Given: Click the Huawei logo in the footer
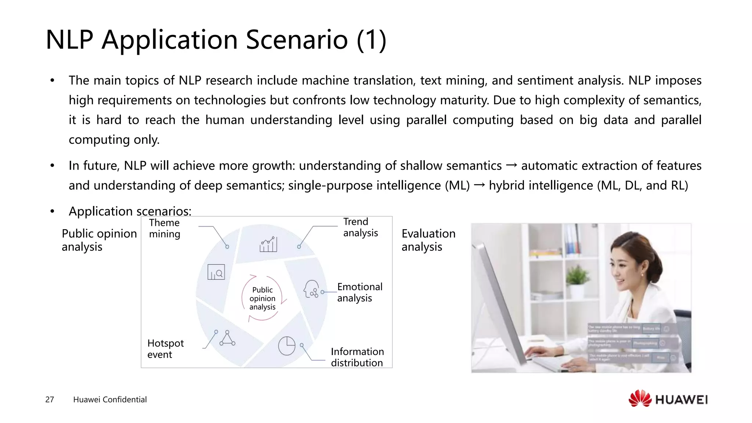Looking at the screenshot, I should click(x=668, y=399).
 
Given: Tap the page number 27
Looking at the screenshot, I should click(x=50, y=399).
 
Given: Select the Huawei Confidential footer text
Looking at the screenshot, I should click(x=110, y=399).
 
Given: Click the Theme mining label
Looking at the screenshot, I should click(x=164, y=228).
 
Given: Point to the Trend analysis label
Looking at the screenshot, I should click(x=360, y=227).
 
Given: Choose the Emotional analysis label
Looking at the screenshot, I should click(x=359, y=292).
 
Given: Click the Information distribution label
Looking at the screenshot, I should click(x=357, y=357).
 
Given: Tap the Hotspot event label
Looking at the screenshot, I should click(x=165, y=349).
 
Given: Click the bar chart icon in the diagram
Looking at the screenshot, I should click(x=268, y=245).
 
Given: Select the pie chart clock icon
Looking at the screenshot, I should click(x=286, y=346).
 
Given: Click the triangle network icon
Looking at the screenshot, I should click(x=227, y=338).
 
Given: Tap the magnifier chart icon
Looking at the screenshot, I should click(x=216, y=272).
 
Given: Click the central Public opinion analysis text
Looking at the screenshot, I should click(x=262, y=298).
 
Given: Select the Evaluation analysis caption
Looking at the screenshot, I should click(x=428, y=240).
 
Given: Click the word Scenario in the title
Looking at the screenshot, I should click(x=296, y=39).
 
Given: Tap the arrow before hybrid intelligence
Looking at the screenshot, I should click(x=479, y=185).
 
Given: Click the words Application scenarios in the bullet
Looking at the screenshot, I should click(x=130, y=211).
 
